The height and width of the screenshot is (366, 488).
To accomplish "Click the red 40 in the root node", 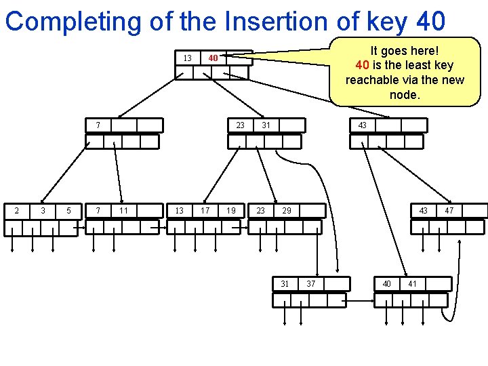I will point(213,58).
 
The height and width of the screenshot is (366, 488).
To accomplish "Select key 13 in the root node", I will point(187,58).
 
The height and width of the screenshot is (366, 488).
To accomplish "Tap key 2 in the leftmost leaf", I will point(17,211).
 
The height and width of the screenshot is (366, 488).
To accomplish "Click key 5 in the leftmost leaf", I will point(69,211).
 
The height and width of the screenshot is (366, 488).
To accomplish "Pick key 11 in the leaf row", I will point(123,211).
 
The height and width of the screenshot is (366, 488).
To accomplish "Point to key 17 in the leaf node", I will point(205,211).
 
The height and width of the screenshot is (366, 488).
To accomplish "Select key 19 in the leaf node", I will point(231,211).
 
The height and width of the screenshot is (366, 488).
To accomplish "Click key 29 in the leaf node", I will point(287,211).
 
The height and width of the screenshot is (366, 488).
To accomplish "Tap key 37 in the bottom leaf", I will point(311,283).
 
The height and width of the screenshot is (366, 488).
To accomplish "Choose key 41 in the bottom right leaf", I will point(413,283).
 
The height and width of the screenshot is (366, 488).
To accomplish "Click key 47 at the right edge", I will point(449,211).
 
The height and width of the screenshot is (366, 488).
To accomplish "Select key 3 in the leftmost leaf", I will point(43,211).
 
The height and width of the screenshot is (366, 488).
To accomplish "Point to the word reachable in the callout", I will point(371,80).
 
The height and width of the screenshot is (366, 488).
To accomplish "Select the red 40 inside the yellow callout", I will point(363,65).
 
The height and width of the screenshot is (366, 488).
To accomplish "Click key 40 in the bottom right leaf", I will point(386,283).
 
